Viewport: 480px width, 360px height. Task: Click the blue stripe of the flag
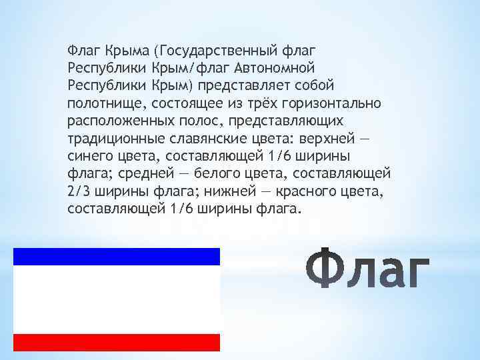pos(117,256)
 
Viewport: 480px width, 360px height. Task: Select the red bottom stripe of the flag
pos(117,342)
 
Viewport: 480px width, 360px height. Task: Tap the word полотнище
pos(106,103)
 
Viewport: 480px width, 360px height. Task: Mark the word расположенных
pos(119,121)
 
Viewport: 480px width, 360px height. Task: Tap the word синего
pos(90,156)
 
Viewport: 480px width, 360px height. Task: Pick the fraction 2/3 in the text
pos(79,191)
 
